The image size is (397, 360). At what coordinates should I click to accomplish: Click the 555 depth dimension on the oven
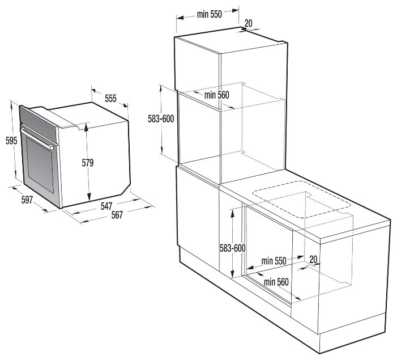click(x=110, y=98)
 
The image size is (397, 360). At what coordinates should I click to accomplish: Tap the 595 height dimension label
click(x=11, y=141)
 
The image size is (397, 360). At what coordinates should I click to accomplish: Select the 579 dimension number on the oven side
click(x=88, y=163)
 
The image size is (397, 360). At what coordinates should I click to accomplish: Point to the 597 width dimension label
click(x=27, y=200)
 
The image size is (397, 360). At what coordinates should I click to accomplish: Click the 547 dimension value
click(x=106, y=206)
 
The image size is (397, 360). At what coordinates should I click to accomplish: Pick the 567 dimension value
click(x=117, y=215)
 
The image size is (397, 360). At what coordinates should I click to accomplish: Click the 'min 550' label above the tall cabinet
click(x=210, y=14)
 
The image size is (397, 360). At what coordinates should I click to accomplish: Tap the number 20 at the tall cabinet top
click(x=249, y=23)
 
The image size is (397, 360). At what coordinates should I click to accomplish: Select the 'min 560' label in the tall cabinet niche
click(x=217, y=95)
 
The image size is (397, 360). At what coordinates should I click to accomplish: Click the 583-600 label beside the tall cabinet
click(x=161, y=118)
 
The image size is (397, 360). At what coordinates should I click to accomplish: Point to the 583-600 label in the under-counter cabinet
click(x=232, y=248)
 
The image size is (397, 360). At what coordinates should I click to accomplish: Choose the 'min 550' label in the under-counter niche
click(x=274, y=261)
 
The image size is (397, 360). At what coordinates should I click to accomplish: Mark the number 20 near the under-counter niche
click(x=313, y=260)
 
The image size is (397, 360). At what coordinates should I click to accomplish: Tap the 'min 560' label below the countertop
click(x=276, y=282)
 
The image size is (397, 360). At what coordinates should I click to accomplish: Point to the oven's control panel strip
click(x=39, y=124)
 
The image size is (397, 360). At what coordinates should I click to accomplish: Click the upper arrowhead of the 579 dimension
click(x=87, y=126)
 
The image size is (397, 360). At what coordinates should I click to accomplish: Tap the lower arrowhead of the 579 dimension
click(x=89, y=197)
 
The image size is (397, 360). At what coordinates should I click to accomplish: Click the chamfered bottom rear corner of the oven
click(x=126, y=189)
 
